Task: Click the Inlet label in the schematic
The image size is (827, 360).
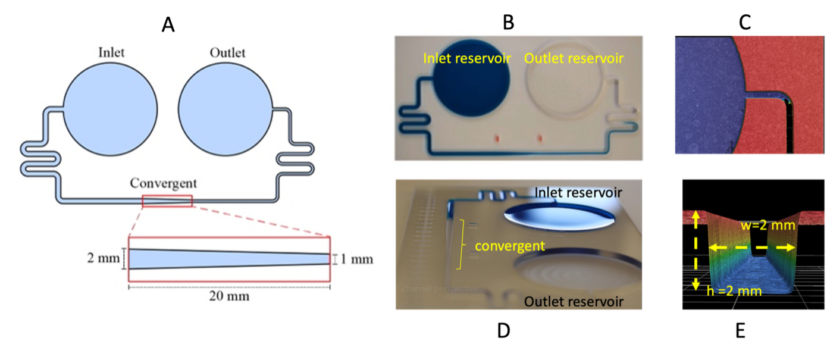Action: pos(111,52)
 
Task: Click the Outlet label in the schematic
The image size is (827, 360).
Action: pos(227,52)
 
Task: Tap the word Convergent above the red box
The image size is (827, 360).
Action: pos(164,183)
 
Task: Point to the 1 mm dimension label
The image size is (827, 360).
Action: pos(358,259)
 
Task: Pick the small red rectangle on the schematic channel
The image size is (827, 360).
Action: pos(167,201)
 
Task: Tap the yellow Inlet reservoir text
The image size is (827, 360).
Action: pos(466,58)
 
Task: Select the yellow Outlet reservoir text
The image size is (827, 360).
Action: pos(574,58)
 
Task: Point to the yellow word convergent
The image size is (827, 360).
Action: pos(510,246)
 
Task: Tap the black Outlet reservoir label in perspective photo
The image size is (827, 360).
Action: pos(574,302)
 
